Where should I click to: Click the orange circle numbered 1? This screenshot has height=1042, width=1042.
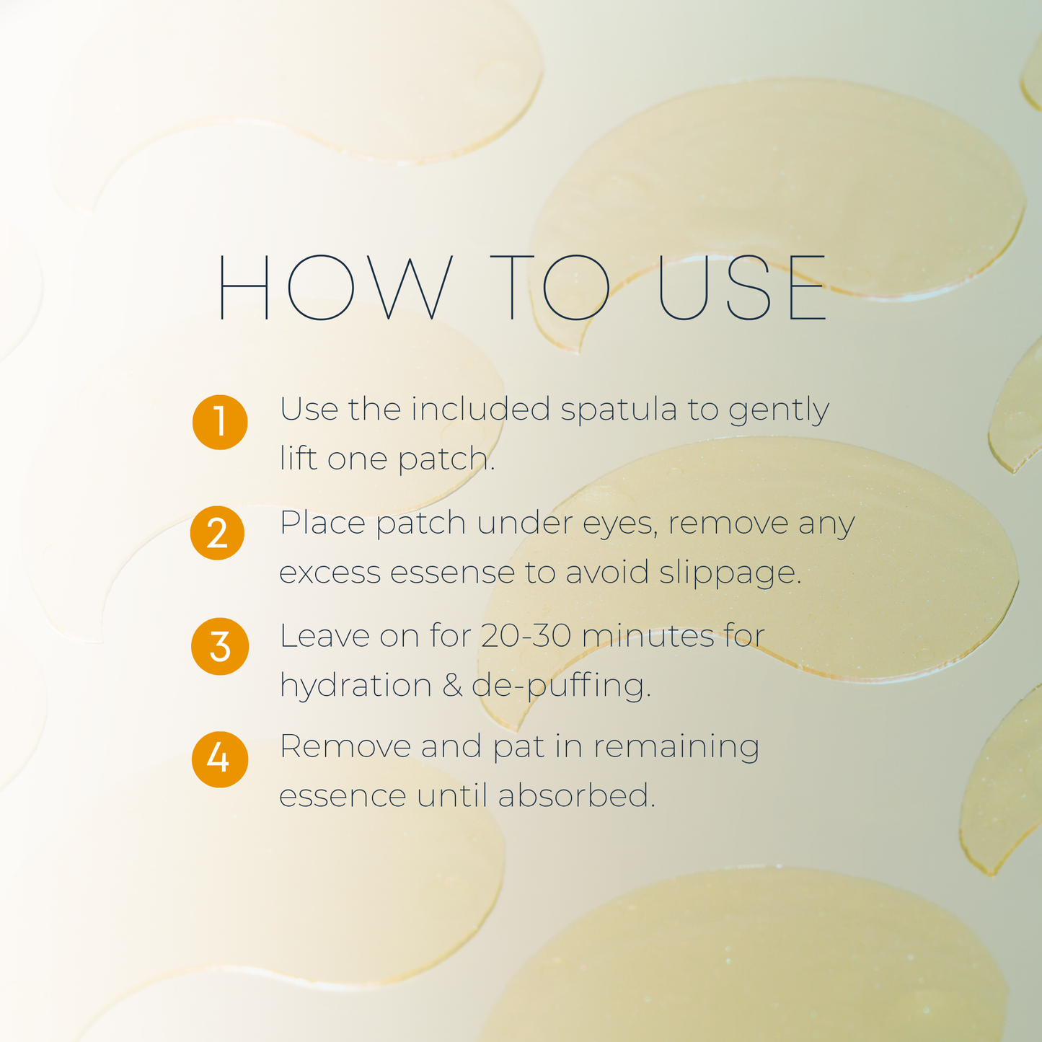point(220,422)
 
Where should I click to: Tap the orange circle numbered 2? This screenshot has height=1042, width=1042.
point(218,534)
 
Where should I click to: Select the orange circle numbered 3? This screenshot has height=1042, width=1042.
point(220,646)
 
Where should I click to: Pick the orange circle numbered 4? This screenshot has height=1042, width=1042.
point(219,759)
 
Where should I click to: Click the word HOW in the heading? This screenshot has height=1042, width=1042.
point(335,287)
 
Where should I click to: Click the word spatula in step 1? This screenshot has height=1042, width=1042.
point(619,410)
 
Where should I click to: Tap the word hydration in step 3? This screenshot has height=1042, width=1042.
point(356,686)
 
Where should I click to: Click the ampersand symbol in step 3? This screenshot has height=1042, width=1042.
point(452,685)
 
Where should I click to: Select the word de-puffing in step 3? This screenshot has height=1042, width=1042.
point(561,686)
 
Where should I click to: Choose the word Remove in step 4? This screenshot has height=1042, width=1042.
point(345,746)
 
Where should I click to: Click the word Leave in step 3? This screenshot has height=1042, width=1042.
point(324,636)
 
